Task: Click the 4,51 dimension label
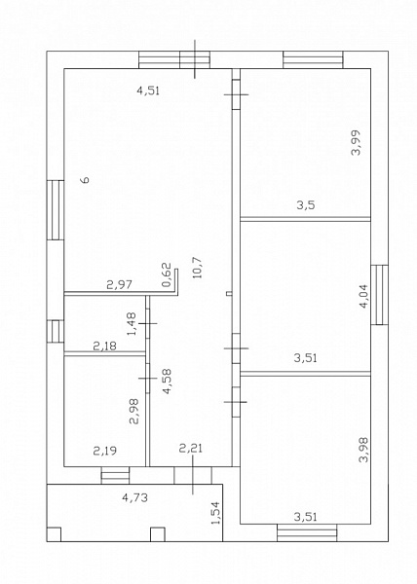coord(148,91)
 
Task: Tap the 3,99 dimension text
coord(357,142)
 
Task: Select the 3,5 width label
coord(306,204)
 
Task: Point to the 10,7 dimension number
coord(197,268)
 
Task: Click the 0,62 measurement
coord(167,274)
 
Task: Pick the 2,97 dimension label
coord(119,285)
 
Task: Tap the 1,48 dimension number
coord(132,324)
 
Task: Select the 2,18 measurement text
coord(104,347)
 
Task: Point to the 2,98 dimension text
coord(133,411)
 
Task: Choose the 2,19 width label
coord(104,451)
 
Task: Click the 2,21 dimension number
coord(191,448)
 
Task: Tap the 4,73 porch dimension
coord(134,497)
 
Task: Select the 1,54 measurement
coord(215,513)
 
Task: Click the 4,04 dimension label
coord(363,296)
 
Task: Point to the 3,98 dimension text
coord(363,450)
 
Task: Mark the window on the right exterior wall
coord(380,295)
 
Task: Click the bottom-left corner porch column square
coord(54,534)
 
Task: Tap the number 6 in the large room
coord(86,180)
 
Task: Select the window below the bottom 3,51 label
coord(307,533)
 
